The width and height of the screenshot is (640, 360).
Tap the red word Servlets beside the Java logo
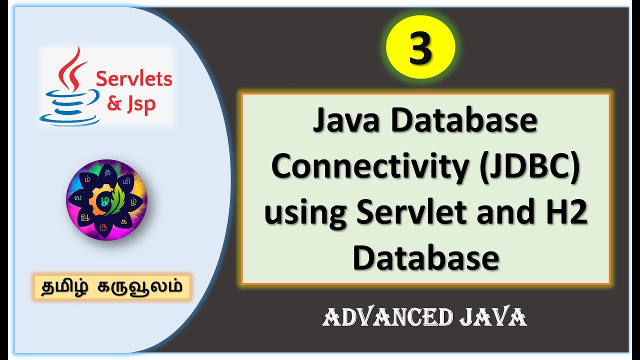point(133,79)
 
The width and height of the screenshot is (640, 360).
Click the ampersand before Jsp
point(114,104)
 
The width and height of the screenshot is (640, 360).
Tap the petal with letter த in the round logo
point(107,173)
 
